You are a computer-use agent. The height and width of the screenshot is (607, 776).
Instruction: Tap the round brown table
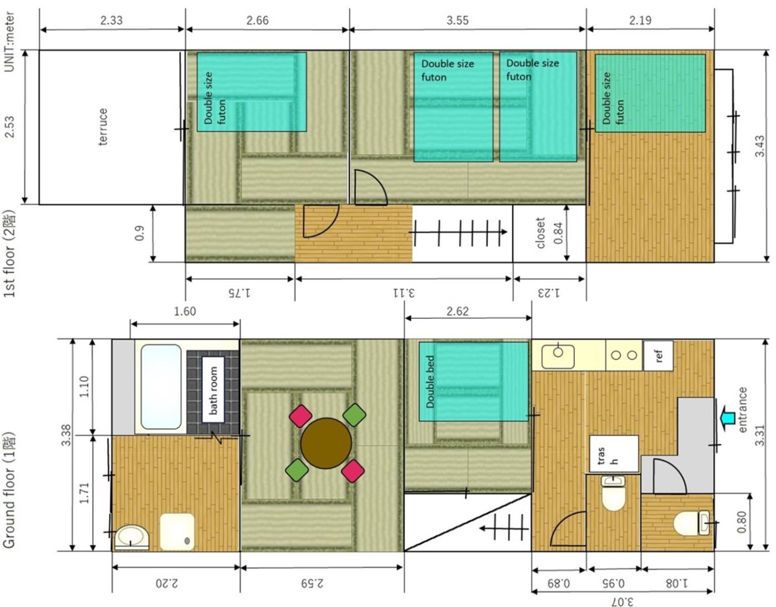[x=326, y=443]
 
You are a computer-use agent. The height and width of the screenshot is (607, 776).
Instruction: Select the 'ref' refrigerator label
[x=658, y=356]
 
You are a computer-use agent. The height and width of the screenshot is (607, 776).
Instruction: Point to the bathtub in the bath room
[x=161, y=387]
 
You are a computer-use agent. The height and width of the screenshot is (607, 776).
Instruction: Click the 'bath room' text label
[x=213, y=390]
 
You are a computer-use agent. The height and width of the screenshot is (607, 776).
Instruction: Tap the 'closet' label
[x=540, y=232]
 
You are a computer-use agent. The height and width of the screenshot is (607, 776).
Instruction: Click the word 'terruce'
[x=103, y=127]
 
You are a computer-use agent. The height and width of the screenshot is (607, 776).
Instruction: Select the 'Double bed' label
[x=430, y=381]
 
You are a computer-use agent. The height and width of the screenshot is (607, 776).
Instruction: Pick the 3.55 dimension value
[x=457, y=21]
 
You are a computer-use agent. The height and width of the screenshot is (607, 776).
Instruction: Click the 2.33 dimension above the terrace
[x=111, y=21]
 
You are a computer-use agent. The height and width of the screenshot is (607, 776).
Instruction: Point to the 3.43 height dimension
[x=760, y=146]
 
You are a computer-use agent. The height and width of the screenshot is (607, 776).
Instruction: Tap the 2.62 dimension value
[x=457, y=312]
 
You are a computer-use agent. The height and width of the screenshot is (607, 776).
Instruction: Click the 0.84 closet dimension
[x=558, y=233]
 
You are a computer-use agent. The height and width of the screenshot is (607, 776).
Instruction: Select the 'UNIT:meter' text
[x=9, y=42]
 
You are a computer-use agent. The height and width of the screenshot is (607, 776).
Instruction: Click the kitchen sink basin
[x=558, y=356]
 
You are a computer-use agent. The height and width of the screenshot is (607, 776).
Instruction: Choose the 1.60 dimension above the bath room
[x=185, y=312]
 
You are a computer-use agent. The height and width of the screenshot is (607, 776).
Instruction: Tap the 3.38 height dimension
[x=67, y=435]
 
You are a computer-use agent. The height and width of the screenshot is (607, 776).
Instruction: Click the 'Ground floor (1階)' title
[x=9, y=490]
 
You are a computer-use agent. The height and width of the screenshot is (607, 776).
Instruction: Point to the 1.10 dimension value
[x=84, y=387]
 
